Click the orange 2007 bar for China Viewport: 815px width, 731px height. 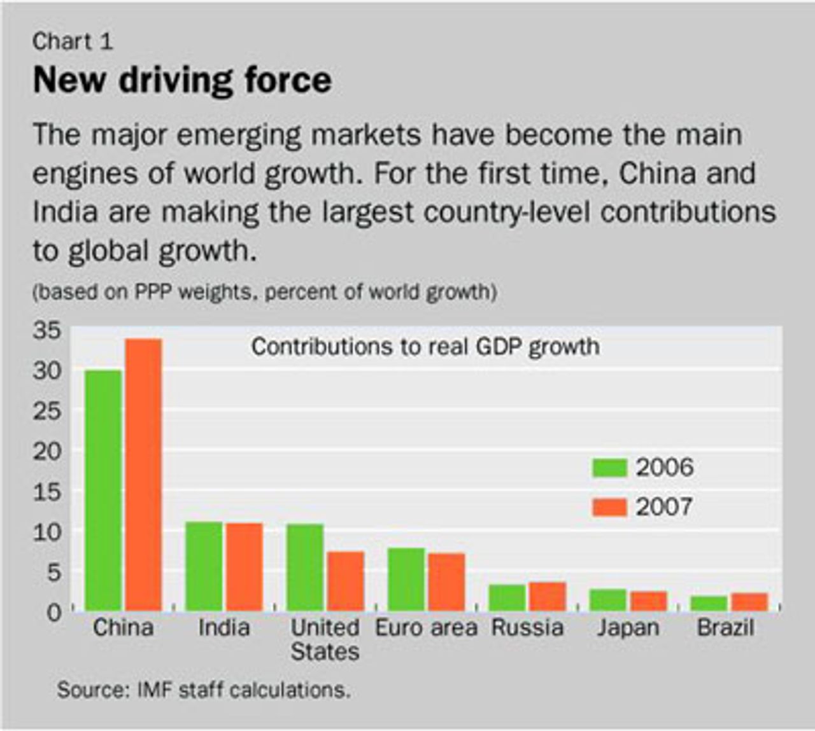coord(143,475)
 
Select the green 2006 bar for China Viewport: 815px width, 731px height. coord(103,490)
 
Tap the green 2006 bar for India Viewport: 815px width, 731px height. coord(204,566)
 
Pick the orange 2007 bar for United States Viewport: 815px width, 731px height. coord(346,581)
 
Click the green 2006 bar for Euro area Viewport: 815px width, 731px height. coord(406,579)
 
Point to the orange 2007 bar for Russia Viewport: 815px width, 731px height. coord(548,596)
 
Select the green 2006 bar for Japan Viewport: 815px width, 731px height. coord(608,600)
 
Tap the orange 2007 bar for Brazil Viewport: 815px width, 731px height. coord(749,601)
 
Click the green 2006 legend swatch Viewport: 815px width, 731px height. coord(609,468)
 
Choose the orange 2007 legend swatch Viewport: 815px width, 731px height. coord(609,507)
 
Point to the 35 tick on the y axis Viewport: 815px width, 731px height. coord(47,330)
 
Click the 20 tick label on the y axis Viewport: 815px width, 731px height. coord(47,452)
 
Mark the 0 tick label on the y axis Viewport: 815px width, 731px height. coord(54,613)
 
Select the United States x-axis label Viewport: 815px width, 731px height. coord(325,639)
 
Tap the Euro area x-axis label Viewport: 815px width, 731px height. coord(426,628)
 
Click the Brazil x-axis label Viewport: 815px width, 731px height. coord(725,628)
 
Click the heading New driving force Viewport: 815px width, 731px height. coord(182,80)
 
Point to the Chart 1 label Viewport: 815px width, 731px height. coord(73,41)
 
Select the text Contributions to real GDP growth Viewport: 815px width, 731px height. coord(425,347)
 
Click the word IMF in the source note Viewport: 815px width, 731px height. coord(155,690)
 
